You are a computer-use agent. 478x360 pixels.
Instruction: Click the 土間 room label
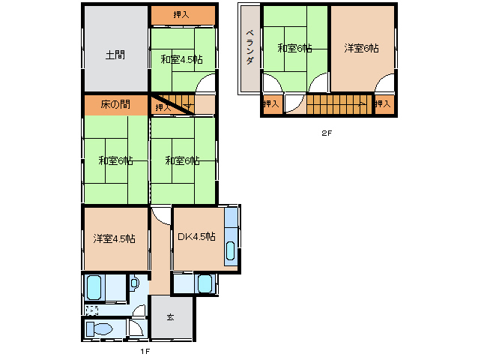tap(115, 55)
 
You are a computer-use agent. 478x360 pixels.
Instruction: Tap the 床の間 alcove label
tap(115, 105)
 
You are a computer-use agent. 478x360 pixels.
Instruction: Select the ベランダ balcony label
tap(250, 46)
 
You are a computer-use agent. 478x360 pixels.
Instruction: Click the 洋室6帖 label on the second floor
tap(362, 48)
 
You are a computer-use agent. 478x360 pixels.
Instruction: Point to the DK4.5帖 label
tap(196, 236)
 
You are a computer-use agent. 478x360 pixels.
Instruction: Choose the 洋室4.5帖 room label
tap(115, 238)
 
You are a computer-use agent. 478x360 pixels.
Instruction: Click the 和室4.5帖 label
tap(182, 59)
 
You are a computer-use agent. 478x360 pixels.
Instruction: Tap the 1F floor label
tap(145, 352)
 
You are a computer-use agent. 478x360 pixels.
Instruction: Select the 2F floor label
tap(327, 133)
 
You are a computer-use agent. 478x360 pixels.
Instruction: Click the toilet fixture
tap(100, 329)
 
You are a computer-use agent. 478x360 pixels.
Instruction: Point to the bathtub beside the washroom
tap(94, 288)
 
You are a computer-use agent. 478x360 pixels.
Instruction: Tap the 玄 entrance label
tap(170, 317)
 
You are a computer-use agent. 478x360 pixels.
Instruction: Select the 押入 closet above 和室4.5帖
tap(182, 15)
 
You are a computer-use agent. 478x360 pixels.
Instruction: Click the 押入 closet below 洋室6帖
tap(384, 104)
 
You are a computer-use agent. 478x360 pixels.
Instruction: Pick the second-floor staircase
tap(339, 104)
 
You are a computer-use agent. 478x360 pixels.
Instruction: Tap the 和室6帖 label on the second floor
tap(294, 48)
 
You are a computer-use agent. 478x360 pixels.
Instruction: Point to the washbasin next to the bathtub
tap(134, 283)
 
